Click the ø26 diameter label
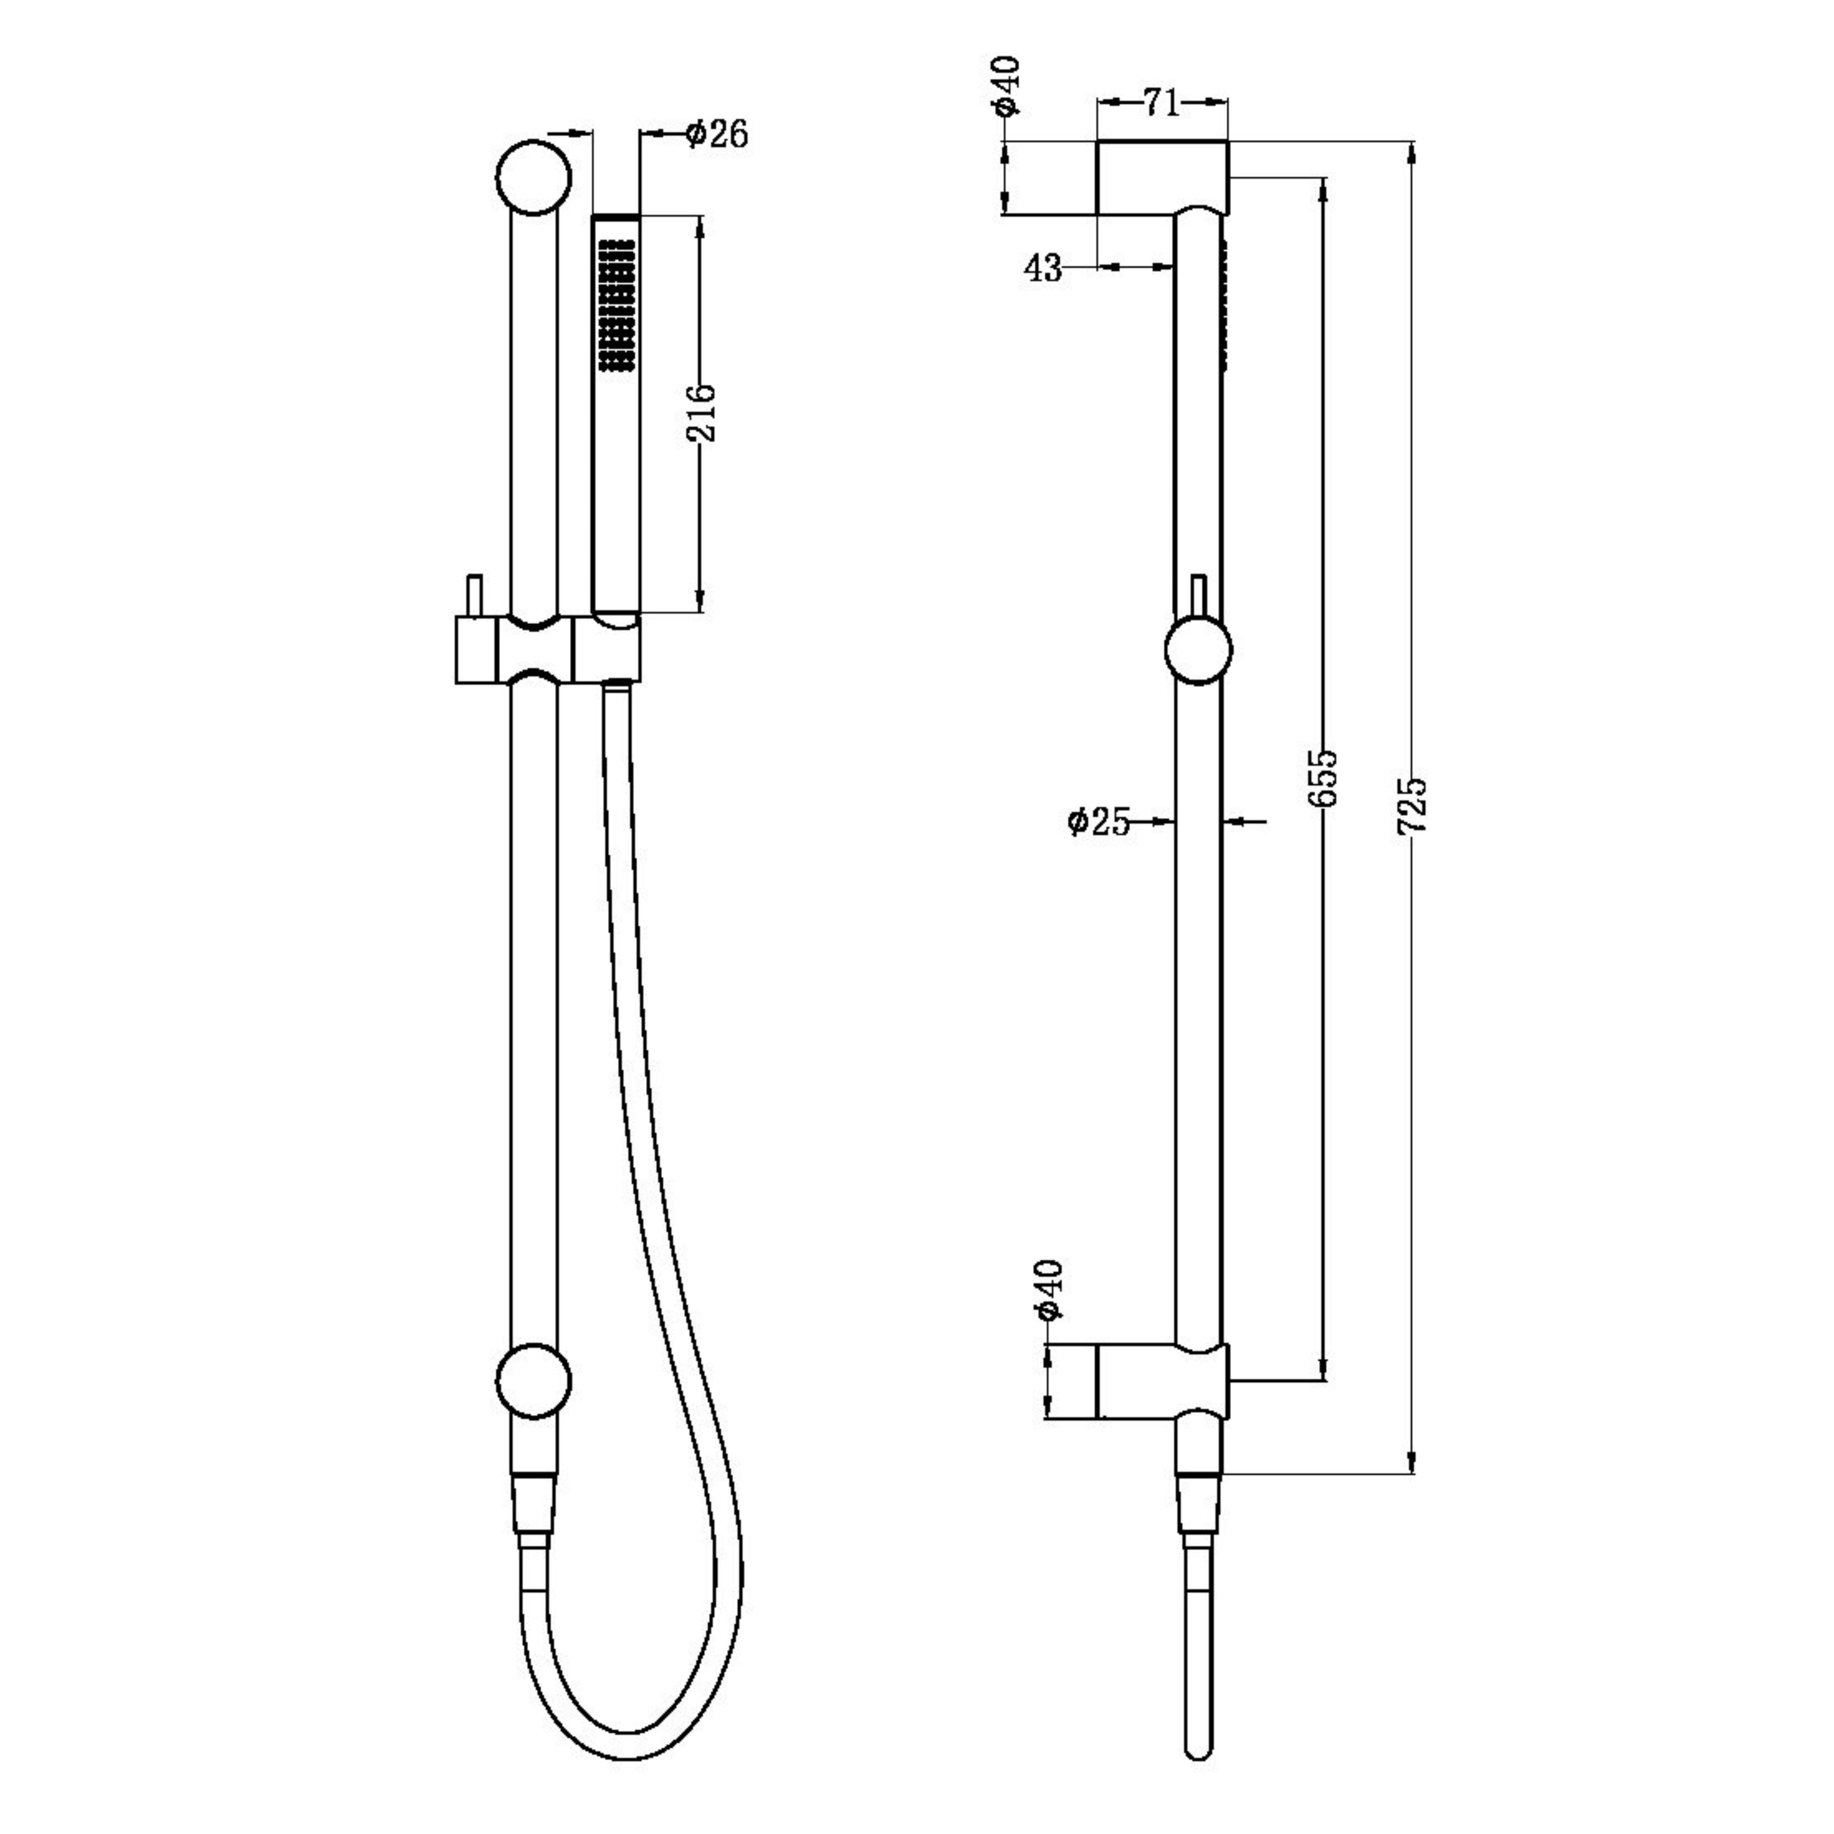tap(717, 134)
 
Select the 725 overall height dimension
tap(1413, 805)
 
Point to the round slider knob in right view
tap(1198, 650)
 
